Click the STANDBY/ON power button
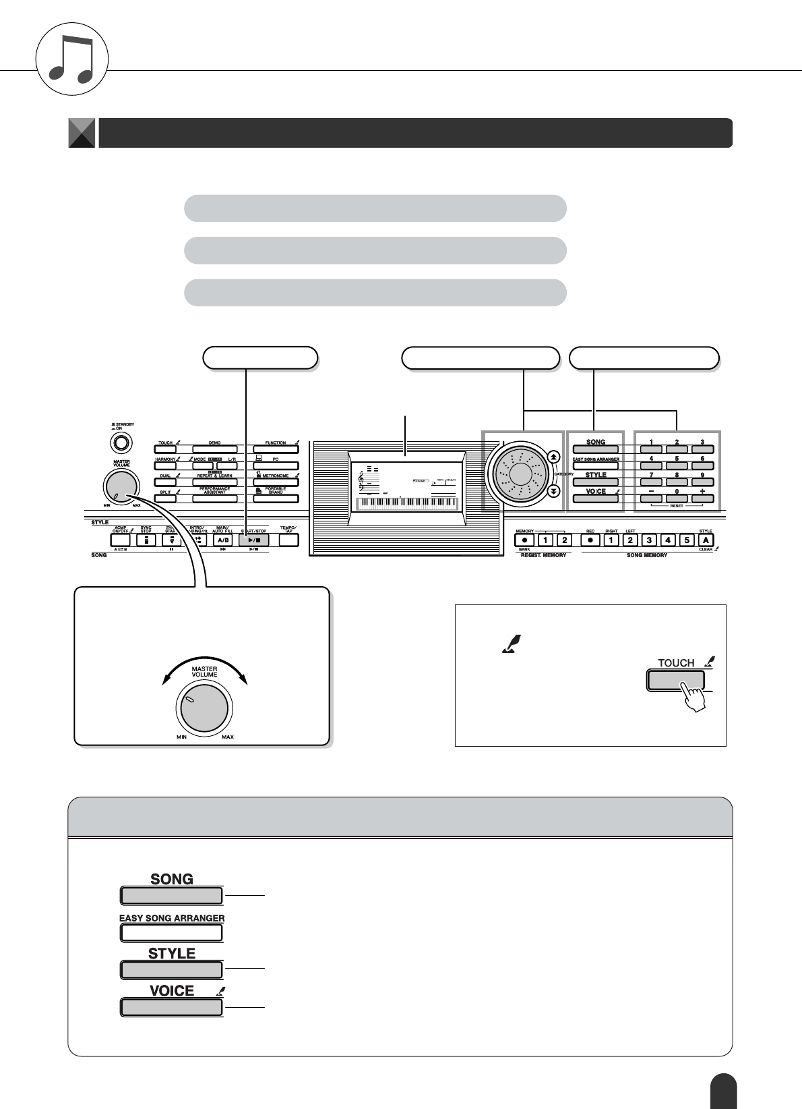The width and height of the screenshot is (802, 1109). pyautogui.click(x=121, y=443)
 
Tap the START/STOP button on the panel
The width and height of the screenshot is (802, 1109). pyautogui.click(x=253, y=540)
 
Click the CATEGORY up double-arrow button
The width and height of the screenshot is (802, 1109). pyautogui.click(x=553, y=456)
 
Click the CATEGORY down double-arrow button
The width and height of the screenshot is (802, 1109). pyautogui.click(x=553, y=492)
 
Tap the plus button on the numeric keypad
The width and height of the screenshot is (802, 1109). pyautogui.click(x=702, y=499)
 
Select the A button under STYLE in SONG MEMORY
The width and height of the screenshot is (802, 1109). pyautogui.click(x=706, y=540)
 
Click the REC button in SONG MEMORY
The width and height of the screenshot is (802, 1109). pyautogui.click(x=590, y=540)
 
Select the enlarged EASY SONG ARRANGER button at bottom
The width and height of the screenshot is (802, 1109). pyautogui.click(x=171, y=933)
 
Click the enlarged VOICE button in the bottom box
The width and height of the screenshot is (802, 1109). pyautogui.click(x=171, y=1007)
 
